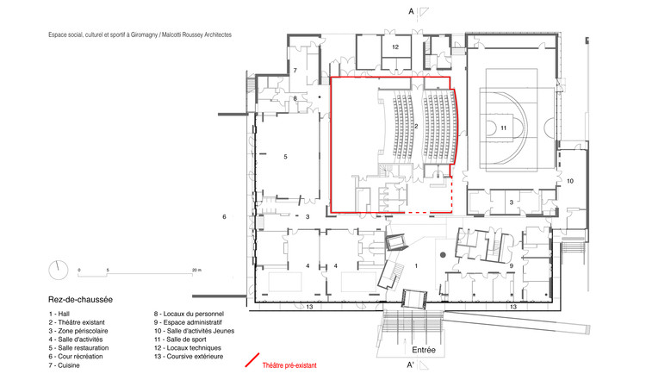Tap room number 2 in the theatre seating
(415, 126)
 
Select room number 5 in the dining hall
(284, 157)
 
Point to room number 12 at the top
(394, 47)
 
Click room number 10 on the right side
(569, 180)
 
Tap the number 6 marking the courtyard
(224, 216)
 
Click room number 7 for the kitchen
(294, 69)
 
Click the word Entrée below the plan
(423, 350)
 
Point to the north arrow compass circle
(57, 268)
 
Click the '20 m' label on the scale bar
(196, 271)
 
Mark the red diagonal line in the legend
(252, 360)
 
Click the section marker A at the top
(411, 11)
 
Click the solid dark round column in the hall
(442, 255)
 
